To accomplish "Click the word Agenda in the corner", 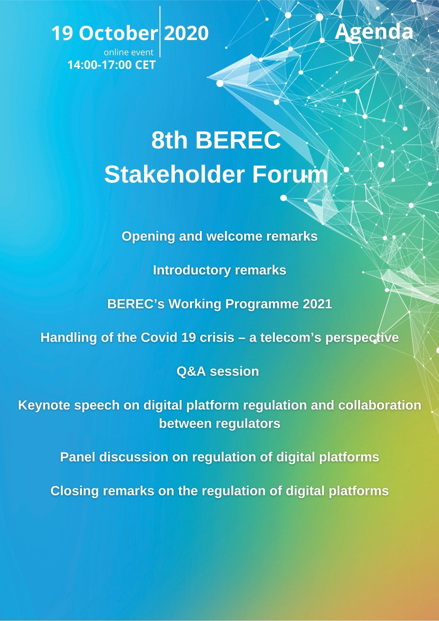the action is tap(374, 32).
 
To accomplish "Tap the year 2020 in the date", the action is tap(186, 33).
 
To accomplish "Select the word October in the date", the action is tap(118, 33).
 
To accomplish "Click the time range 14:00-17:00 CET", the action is tap(111, 65).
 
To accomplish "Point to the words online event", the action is tap(129, 52).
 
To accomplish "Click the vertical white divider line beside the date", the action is tap(160, 32).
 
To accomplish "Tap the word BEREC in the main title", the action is tap(238, 140).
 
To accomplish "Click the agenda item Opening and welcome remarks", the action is tap(219, 236).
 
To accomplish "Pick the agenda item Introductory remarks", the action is tap(219, 270).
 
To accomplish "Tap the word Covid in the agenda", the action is tap(159, 338).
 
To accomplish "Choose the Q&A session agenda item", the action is tap(218, 371).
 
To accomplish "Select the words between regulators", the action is tap(219, 424).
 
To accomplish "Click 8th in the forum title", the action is tap(170, 140).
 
